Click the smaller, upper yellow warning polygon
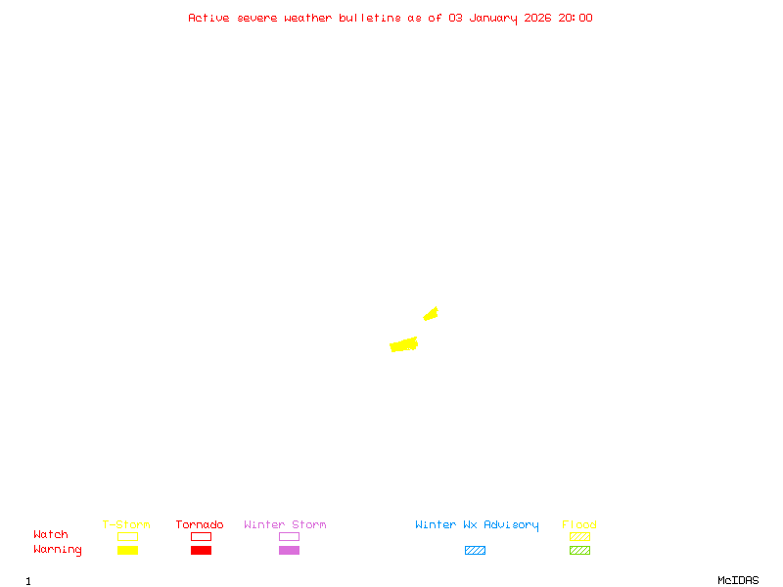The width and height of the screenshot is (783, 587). (x=431, y=313)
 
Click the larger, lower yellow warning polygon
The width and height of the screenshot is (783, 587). (x=403, y=344)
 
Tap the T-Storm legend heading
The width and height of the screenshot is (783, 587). (x=126, y=524)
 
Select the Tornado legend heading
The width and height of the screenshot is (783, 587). (x=200, y=524)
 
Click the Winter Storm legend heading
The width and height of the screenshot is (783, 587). (x=285, y=524)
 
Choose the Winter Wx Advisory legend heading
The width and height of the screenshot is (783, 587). (x=477, y=524)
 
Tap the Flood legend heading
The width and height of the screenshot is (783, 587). (x=579, y=524)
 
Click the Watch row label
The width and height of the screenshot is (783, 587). (x=51, y=535)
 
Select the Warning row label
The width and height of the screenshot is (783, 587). (x=58, y=550)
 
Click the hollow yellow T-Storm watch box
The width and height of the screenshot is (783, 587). (x=127, y=536)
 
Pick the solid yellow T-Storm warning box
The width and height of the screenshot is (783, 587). (x=127, y=550)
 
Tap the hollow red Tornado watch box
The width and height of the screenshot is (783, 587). (x=201, y=536)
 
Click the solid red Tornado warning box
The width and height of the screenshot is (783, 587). (x=201, y=550)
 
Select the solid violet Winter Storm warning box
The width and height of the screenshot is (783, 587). (x=289, y=550)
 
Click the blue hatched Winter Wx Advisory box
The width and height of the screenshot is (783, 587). (x=475, y=550)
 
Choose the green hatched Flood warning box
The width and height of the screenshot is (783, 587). (x=579, y=550)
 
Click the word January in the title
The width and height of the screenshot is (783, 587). (x=492, y=18)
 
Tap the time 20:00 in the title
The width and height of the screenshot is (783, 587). (x=576, y=18)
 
